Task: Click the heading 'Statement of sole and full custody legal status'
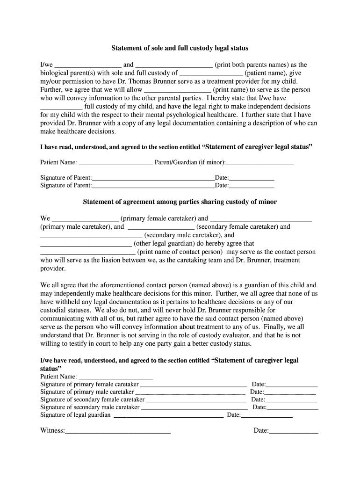(x=180, y=48)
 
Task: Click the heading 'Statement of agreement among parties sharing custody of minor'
(x=180, y=202)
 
